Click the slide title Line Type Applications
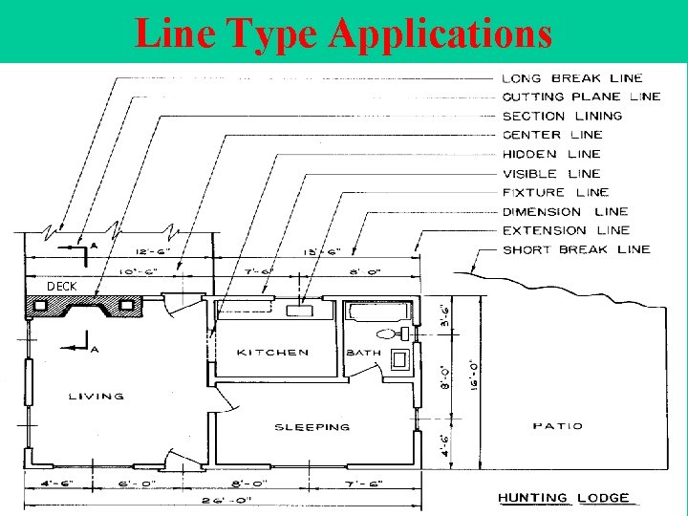click(x=344, y=32)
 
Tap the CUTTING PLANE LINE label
click(x=581, y=97)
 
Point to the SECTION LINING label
click(x=562, y=116)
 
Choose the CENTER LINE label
click(x=552, y=135)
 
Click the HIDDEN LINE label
click(x=551, y=154)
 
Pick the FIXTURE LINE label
click(x=555, y=192)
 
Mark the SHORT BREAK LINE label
click(x=576, y=249)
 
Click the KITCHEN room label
click(x=273, y=353)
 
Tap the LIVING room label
click(x=97, y=396)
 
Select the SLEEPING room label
click(x=312, y=427)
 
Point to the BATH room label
click(x=364, y=353)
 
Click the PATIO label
click(x=557, y=426)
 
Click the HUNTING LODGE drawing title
click(x=564, y=498)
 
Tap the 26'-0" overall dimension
click(x=223, y=497)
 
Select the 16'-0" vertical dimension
click(x=475, y=368)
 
